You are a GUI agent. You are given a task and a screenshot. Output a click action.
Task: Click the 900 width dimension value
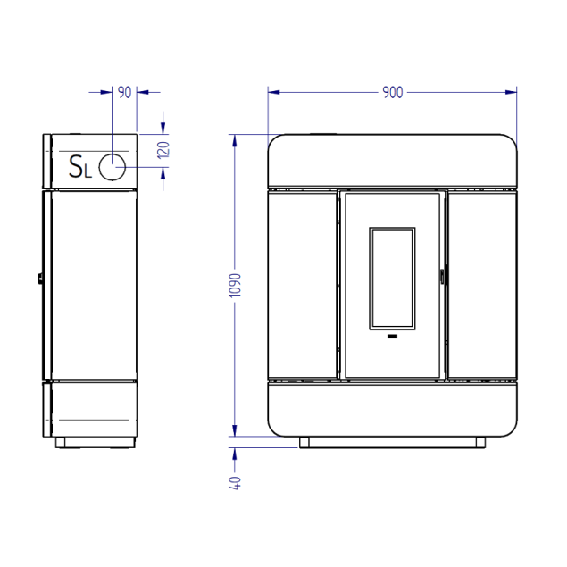(392, 93)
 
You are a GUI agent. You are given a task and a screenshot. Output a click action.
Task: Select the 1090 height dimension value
(235, 286)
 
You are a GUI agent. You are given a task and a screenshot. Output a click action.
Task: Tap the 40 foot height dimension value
(235, 483)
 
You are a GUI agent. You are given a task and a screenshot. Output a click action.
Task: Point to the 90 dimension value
(125, 93)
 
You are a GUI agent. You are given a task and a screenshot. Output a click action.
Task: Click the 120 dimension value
(163, 150)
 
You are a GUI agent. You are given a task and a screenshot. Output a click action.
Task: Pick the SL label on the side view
(80, 166)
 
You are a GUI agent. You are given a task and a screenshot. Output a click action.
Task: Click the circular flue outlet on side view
(113, 167)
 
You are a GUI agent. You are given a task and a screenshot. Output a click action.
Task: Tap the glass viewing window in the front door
(392, 279)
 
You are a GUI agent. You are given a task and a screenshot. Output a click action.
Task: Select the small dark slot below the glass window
(392, 337)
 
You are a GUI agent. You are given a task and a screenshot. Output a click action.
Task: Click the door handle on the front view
(442, 277)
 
